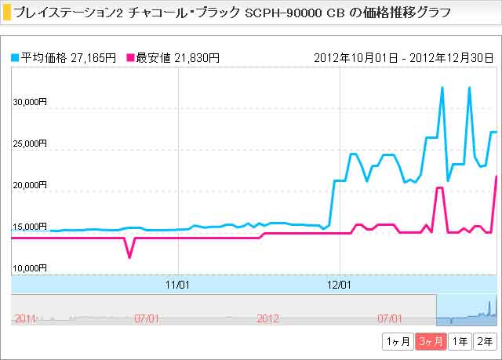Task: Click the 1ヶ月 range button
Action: pos(397,341)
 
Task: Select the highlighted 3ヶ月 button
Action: pos(431,341)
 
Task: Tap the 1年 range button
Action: pos(461,341)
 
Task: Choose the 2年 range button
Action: pos(486,341)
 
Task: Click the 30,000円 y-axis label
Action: pos(31,102)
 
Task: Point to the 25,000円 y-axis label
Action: pos(31,144)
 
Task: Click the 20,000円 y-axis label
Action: pos(31,185)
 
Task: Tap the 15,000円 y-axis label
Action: pos(31,227)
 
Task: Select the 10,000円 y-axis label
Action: pos(31,268)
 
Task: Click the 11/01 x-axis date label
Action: pos(180,284)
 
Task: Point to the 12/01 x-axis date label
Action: pos(339,284)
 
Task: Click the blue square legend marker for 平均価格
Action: pos(15,58)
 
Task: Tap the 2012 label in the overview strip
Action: pos(268,318)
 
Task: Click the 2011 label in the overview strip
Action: pos(25,318)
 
